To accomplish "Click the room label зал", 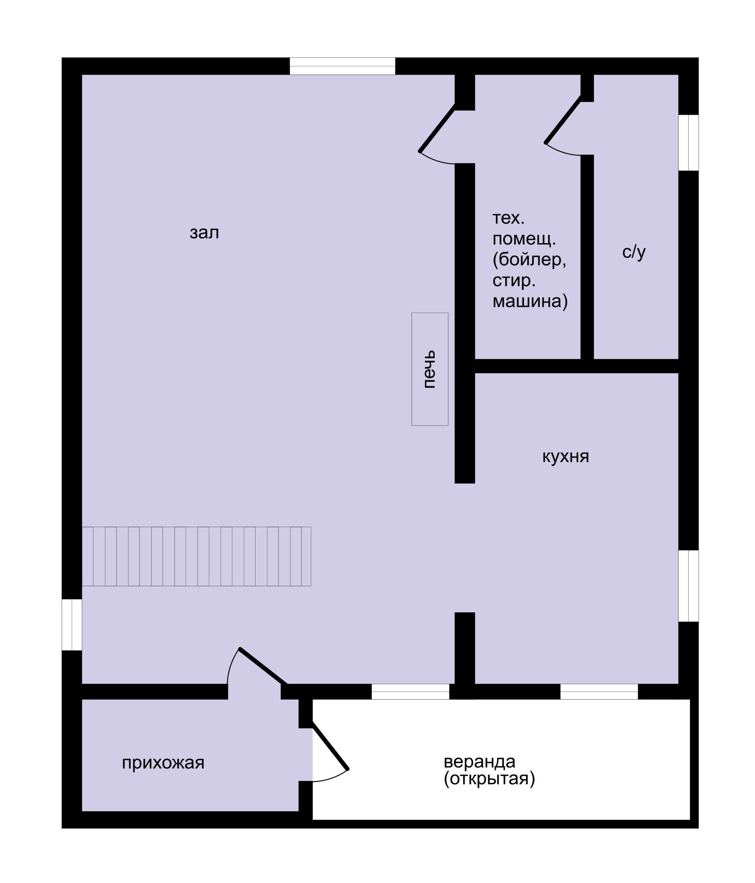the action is [204, 233].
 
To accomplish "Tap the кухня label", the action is [565, 456].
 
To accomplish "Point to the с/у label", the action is [634, 252].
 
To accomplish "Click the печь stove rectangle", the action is [430, 369].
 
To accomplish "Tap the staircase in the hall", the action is [197, 556].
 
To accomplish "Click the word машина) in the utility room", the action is [530, 301].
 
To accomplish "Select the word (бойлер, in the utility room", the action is [529, 260].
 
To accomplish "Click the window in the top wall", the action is [342, 66].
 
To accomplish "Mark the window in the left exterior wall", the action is [72, 624].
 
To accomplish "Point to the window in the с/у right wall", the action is [689, 143].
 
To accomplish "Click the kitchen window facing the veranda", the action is [599, 692].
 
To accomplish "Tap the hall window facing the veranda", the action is [410, 692].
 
